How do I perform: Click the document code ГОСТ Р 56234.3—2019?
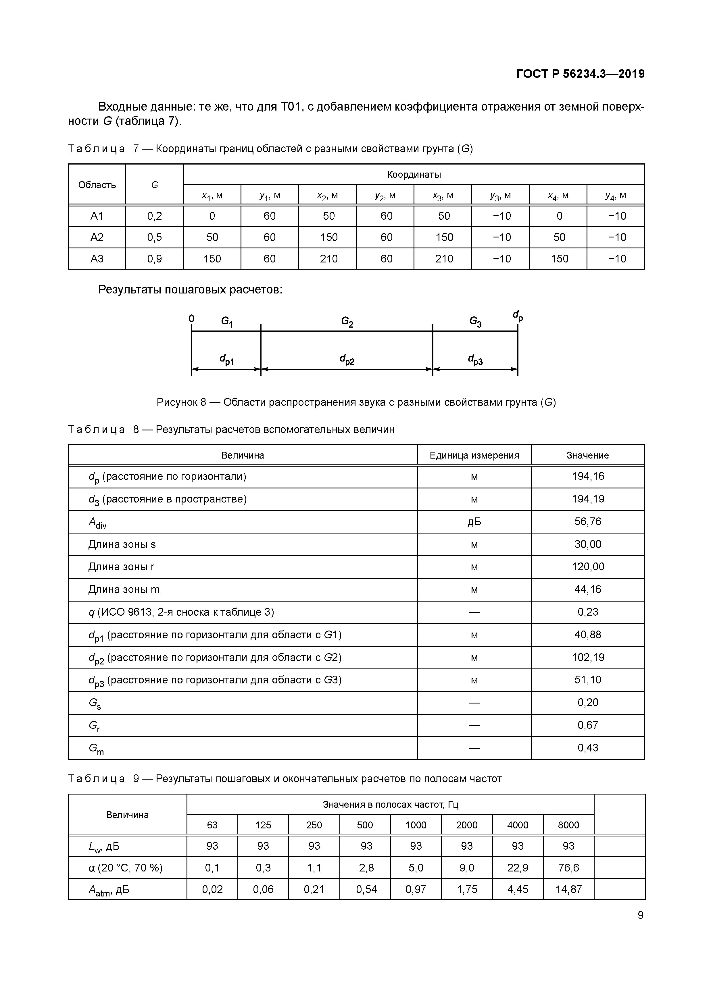[580, 74]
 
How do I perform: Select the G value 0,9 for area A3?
[155, 259]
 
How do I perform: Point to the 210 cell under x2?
[328, 259]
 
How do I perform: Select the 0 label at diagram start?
[191, 318]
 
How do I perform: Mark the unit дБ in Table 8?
[474, 521]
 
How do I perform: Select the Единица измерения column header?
[474, 455]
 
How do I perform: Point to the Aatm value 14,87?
[568, 889]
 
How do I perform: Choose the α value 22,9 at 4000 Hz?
[517, 867]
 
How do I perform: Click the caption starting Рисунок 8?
[356, 402]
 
